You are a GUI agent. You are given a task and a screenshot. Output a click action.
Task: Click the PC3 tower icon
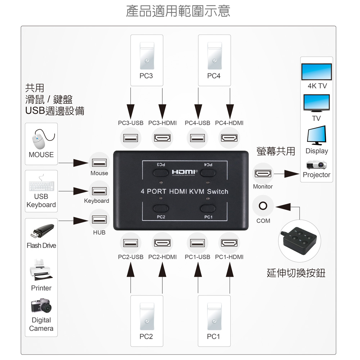[147, 56]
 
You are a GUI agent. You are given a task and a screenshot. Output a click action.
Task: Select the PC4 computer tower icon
[214, 56]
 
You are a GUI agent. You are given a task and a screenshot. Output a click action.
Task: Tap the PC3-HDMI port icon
[162, 138]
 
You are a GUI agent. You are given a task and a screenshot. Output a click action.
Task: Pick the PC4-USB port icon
[198, 138]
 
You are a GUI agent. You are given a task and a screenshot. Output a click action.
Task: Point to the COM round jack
[263, 206]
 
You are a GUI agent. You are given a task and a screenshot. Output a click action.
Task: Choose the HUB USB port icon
[99, 219]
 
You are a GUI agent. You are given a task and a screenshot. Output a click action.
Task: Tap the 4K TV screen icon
[316, 72]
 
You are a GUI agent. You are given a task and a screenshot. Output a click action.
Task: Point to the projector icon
[316, 165]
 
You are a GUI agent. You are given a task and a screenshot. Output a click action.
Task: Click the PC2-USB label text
[131, 257]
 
